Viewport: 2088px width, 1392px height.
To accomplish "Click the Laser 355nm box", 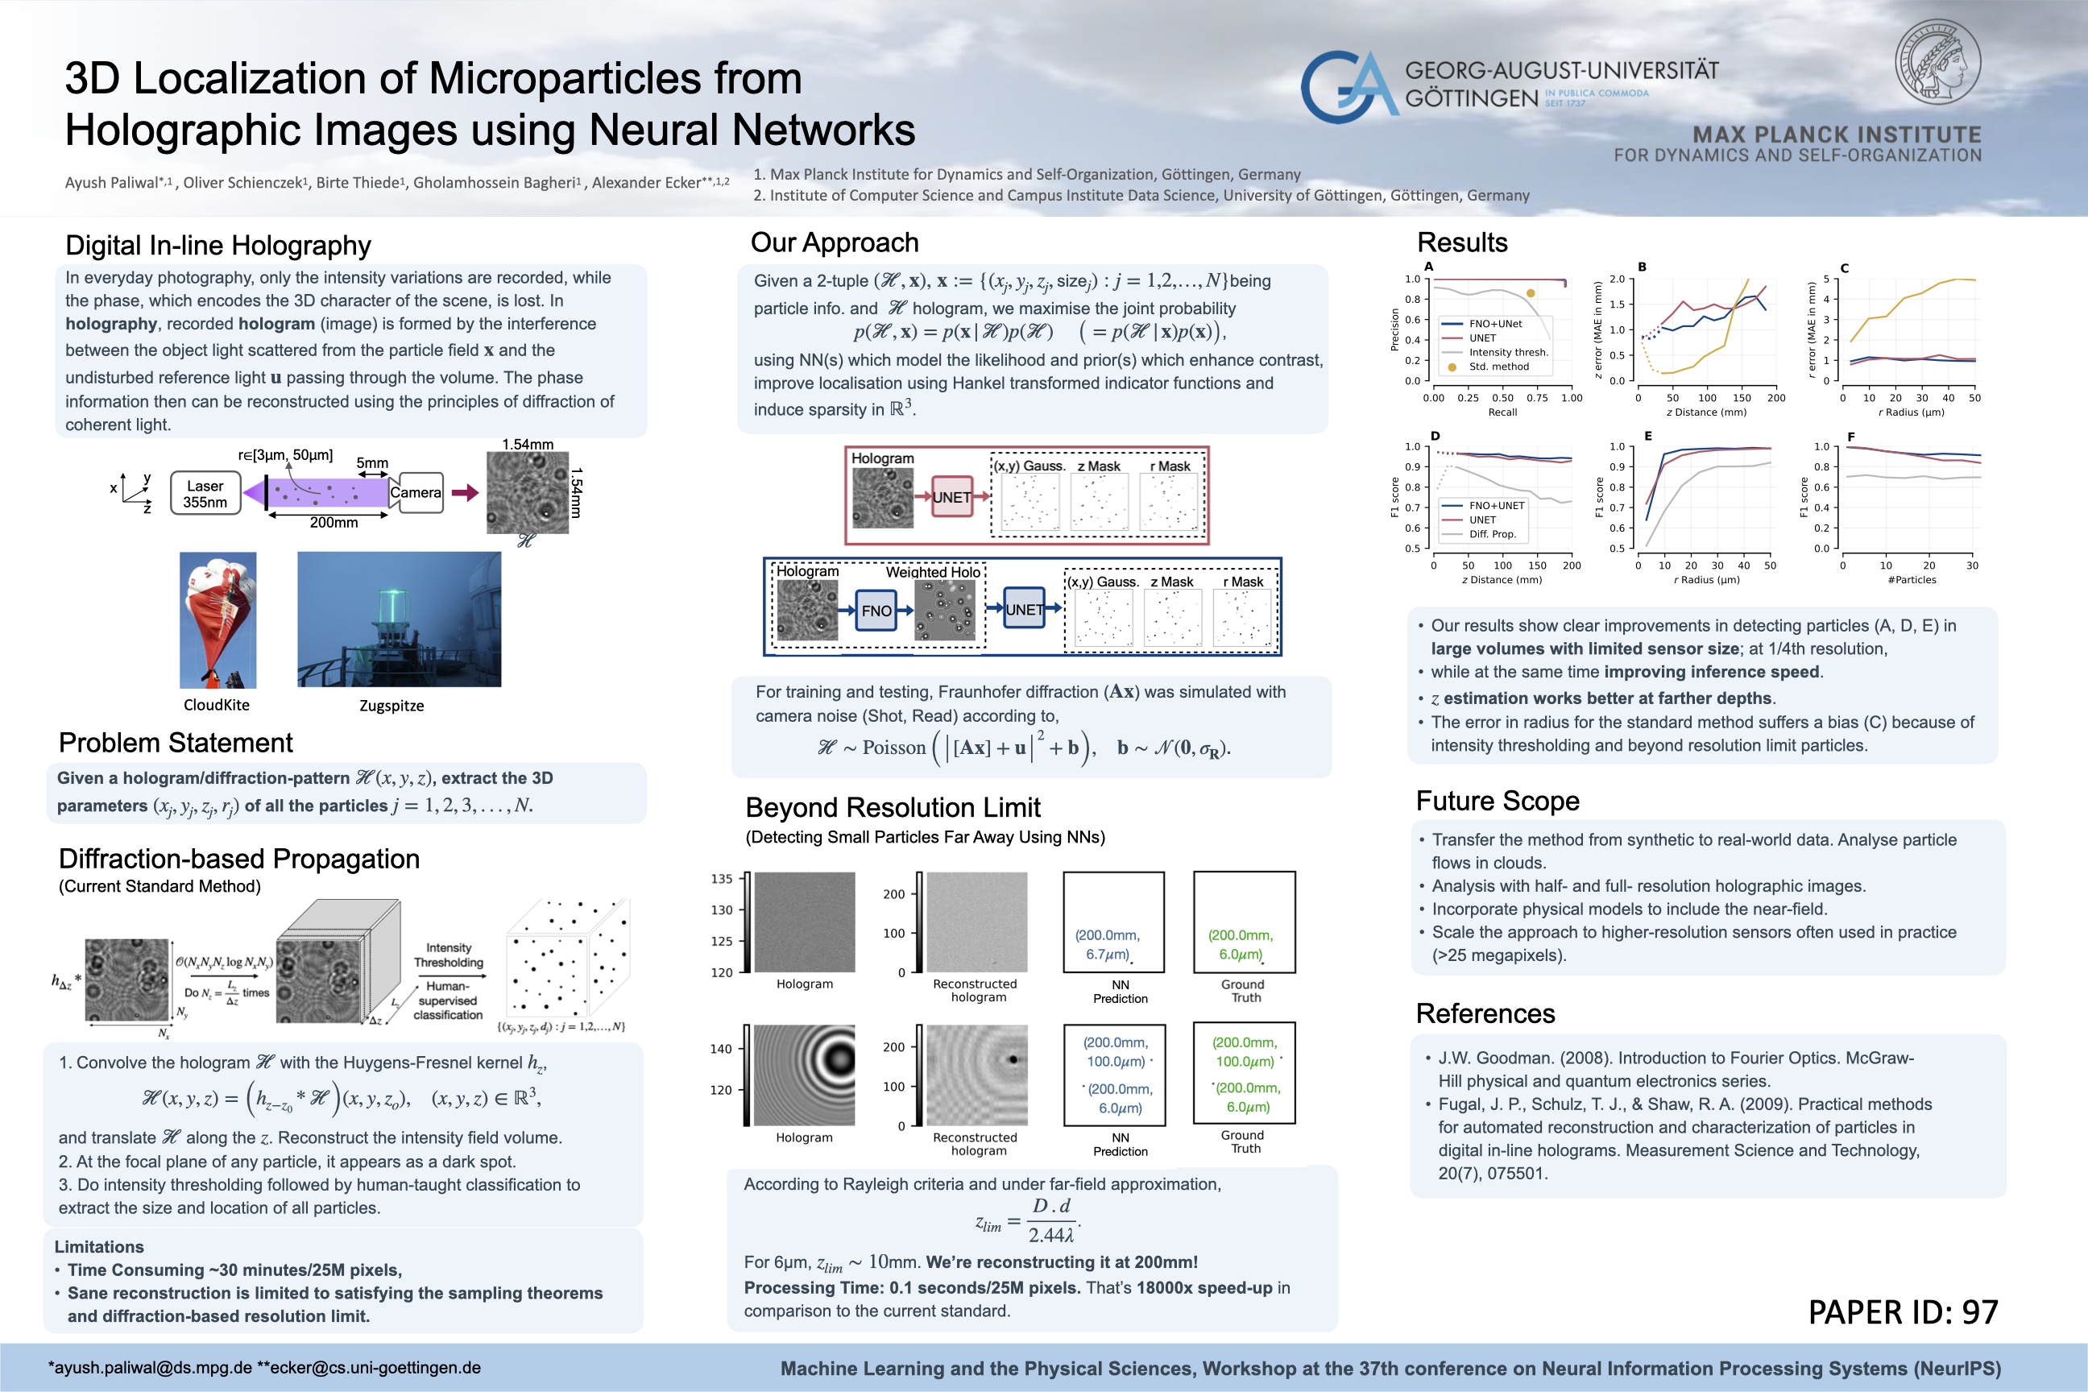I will [205, 494].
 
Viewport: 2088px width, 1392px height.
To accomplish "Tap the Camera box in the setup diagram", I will [416, 493].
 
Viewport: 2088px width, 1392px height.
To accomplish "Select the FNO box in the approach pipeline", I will [876, 611].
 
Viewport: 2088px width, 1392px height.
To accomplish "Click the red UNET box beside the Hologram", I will [951, 497].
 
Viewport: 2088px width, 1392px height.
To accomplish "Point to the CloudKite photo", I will [217, 619].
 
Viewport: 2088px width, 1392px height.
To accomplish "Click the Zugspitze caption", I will [391, 706].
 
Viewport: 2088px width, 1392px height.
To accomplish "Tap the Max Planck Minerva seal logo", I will [1937, 62].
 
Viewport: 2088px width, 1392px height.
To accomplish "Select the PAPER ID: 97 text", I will [1903, 1312].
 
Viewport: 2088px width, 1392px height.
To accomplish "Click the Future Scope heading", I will [1498, 801].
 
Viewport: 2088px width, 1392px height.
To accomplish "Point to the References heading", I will [1485, 1014].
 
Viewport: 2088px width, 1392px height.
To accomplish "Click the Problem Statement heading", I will [175, 743].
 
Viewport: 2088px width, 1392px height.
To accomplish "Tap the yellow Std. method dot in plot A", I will [1531, 293].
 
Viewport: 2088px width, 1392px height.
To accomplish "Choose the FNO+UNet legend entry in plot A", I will [1495, 324].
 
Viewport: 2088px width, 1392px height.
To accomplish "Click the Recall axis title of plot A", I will [1502, 412].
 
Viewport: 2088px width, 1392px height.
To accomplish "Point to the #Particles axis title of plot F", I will [1912, 580].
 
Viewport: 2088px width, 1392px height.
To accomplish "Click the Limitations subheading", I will [98, 1246].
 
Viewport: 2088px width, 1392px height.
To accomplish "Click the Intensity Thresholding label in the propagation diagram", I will [449, 955].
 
